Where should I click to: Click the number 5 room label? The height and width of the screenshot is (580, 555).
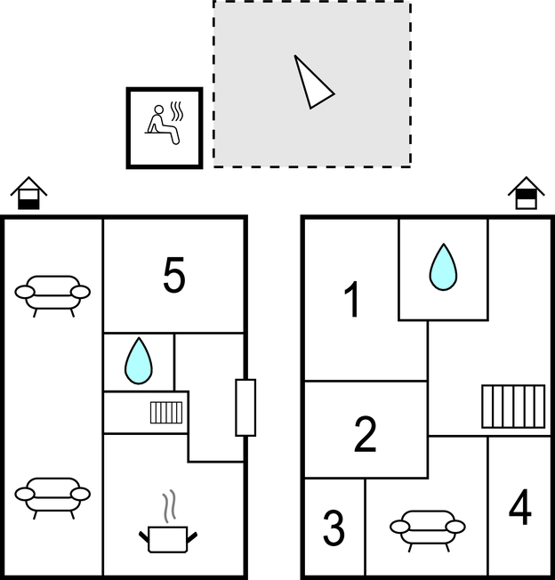pyautogui.click(x=174, y=276)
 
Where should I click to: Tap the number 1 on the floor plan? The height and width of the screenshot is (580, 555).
pyautogui.click(x=353, y=300)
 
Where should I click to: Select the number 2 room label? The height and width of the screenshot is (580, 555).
pyautogui.click(x=365, y=433)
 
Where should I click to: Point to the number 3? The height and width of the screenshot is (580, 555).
pyautogui.click(x=334, y=528)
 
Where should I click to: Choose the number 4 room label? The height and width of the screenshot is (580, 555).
pyautogui.click(x=520, y=510)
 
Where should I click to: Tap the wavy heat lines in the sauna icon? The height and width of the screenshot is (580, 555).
pyautogui.click(x=177, y=111)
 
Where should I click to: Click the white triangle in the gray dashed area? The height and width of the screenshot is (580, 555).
pyautogui.click(x=312, y=82)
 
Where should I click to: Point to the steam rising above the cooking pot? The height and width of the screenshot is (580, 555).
pyautogui.click(x=166, y=507)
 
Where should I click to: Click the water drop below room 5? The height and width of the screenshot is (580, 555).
pyautogui.click(x=138, y=360)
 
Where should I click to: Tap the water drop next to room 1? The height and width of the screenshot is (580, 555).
pyautogui.click(x=443, y=267)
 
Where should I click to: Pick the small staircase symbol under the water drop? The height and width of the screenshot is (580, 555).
pyautogui.click(x=166, y=412)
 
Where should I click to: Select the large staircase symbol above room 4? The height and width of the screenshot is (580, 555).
pyautogui.click(x=513, y=407)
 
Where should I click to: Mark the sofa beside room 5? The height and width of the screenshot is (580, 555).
pyautogui.click(x=52, y=293)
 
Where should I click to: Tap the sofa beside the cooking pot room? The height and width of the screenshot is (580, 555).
pyautogui.click(x=52, y=495)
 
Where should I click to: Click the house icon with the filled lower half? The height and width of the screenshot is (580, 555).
pyautogui.click(x=29, y=192)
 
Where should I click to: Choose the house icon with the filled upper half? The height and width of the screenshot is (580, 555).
pyautogui.click(x=526, y=192)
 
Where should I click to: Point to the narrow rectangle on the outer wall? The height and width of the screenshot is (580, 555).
pyautogui.click(x=245, y=407)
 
